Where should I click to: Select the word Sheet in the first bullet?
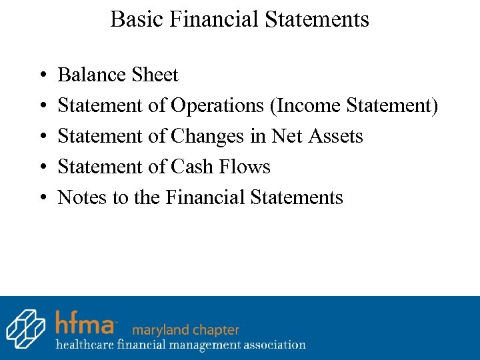click(x=155, y=75)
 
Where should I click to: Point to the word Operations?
click(x=218, y=105)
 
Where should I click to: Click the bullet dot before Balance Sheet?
click(x=42, y=75)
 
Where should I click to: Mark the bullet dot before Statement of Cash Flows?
click(x=42, y=167)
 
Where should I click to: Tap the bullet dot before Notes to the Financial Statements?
click(x=42, y=198)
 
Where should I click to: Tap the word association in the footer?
click(x=273, y=345)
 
